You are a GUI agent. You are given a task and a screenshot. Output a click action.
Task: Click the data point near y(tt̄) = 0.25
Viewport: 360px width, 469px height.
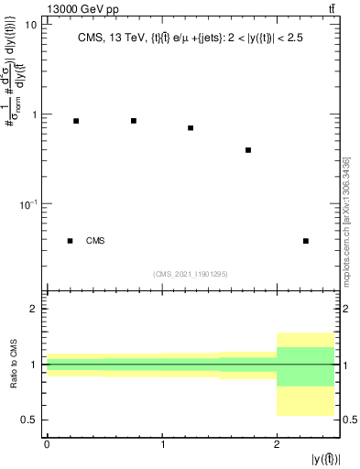point(76,121)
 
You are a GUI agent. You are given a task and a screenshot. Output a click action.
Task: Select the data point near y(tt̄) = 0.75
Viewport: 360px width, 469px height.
point(134,121)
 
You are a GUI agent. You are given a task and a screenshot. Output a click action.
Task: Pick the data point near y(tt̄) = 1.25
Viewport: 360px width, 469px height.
point(191,128)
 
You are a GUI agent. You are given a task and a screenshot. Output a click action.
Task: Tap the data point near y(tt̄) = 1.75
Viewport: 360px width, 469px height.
point(248,150)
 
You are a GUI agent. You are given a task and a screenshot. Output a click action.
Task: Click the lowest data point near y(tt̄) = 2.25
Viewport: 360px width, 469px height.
point(306,241)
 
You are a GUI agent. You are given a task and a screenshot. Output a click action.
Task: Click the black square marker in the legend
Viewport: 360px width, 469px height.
point(70,241)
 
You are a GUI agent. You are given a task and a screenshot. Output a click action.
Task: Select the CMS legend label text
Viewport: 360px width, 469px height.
point(95,241)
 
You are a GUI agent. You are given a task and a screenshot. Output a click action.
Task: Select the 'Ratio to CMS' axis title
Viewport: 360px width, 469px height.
point(12,365)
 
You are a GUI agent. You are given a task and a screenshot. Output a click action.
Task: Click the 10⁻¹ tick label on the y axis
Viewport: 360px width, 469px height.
point(28,203)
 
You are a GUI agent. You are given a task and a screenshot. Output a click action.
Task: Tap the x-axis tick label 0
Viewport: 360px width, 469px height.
point(47,444)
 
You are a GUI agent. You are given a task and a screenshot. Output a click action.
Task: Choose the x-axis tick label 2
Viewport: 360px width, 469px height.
point(277,444)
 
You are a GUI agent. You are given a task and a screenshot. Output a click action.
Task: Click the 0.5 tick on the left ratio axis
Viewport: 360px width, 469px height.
point(32,420)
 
